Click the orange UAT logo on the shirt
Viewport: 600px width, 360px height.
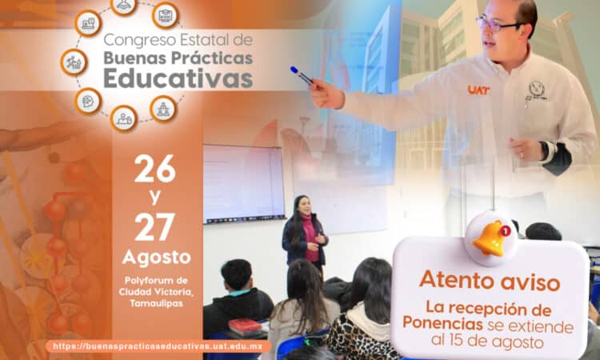pos(478,90)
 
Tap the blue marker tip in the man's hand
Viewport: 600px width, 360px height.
pos(294,70)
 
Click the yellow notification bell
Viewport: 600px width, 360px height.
pos(489,238)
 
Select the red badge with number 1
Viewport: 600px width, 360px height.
pos(505,230)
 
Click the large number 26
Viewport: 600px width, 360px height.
pos(154,169)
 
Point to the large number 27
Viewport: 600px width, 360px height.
pos(154,227)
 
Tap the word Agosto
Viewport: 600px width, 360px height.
pos(156,258)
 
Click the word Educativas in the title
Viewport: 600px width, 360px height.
pos(178,78)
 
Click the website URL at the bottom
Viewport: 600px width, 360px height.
pos(158,346)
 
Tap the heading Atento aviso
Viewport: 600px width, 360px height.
pos(490,281)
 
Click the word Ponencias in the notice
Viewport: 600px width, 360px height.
pos(442,324)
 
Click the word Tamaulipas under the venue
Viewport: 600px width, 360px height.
pos(156,303)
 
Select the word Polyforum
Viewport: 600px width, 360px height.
pos(145,281)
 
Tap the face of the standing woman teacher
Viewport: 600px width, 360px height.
pos(304,206)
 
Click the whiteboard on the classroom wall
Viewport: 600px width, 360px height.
pos(243,184)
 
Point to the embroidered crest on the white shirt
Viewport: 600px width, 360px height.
pos(537,90)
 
